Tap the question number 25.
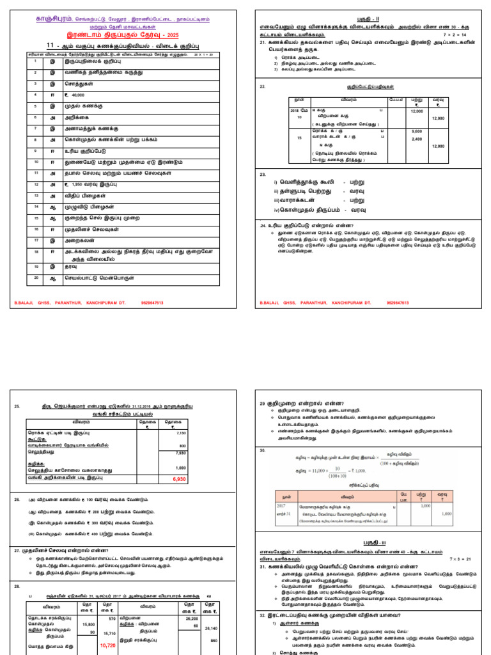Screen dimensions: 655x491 pyautogui.click(x=17, y=406)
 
